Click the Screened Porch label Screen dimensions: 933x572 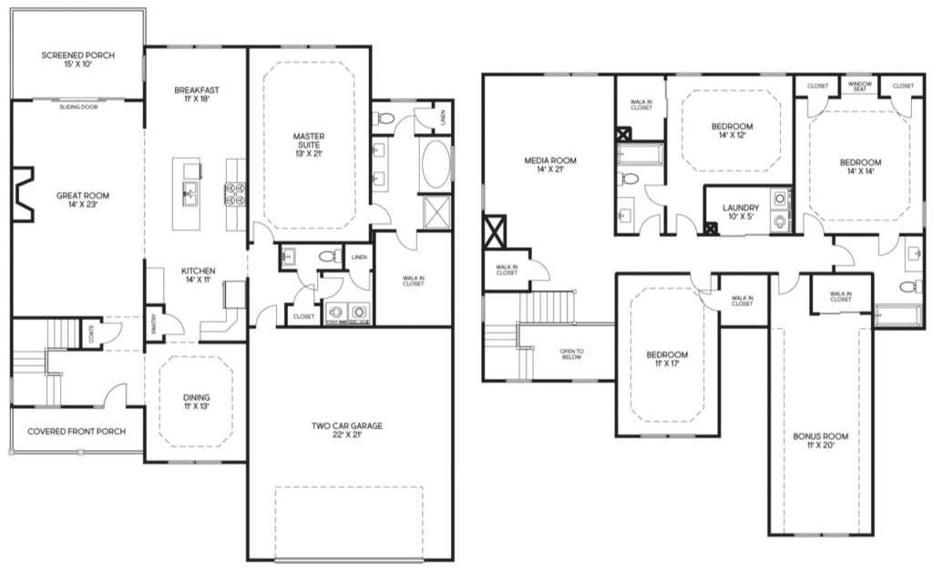(x=78, y=56)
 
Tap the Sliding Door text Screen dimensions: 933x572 (x=78, y=107)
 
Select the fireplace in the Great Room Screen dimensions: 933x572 (x=23, y=194)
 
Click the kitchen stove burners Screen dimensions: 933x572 (x=235, y=194)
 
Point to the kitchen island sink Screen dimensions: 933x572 (x=190, y=194)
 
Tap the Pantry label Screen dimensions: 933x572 (x=153, y=324)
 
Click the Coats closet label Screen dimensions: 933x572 (x=90, y=334)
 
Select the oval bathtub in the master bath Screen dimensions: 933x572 (x=436, y=165)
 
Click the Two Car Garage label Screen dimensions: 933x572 (x=347, y=425)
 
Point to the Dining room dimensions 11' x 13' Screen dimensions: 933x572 (x=197, y=407)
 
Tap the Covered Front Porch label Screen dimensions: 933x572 (x=77, y=431)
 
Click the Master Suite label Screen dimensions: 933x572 (x=309, y=140)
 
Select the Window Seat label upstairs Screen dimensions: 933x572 (x=859, y=87)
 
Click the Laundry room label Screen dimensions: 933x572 (x=741, y=208)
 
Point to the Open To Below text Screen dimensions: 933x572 (x=571, y=353)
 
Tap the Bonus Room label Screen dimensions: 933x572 (x=821, y=436)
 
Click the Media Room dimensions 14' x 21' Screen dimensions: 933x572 (x=550, y=169)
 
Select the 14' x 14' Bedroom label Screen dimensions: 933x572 (x=860, y=167)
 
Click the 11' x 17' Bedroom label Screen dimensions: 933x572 (x=667, y=359)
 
